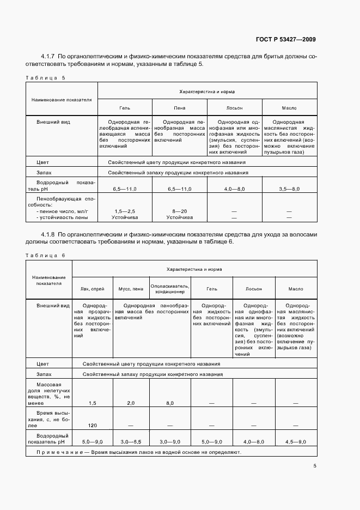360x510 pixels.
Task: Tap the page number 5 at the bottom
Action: [x=315, y=466]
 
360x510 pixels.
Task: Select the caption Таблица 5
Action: [x=45, y=77]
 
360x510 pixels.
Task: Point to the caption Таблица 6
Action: [x=45, y=255]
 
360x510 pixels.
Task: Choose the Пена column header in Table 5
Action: [x=179, y=108]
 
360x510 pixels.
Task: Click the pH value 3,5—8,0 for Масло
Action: [x=289, y=188]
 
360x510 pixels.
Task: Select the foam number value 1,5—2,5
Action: [x=125, y=211]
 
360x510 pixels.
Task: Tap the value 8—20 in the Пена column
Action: [x=179, y=211]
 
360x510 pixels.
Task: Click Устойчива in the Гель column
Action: [x=125, y=217]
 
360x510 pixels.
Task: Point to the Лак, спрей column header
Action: [x=92, y=289]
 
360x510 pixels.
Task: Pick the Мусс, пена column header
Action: [x=131, y=289]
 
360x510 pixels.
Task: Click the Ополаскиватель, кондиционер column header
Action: [x=170, y=289]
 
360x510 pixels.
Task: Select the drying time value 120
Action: [x=92, y=425]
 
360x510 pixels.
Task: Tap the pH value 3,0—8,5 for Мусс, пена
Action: [x=131, y=441]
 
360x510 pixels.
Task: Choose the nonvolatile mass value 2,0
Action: [x=131, y=403]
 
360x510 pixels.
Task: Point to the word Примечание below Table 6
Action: [x=56, y=452]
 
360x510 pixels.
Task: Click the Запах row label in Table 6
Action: [x=43, y=375]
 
